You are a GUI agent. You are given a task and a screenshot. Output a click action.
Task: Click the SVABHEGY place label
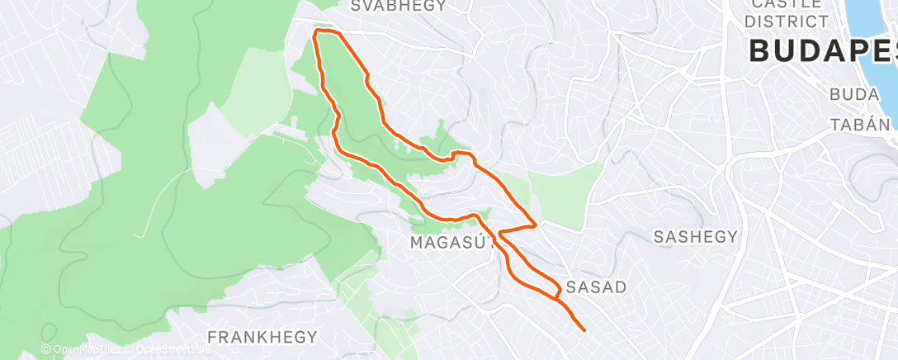tap(398, 6)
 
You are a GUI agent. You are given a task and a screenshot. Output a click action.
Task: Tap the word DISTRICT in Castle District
tap(786, 21)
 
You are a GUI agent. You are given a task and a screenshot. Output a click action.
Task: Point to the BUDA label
tap(854, 95)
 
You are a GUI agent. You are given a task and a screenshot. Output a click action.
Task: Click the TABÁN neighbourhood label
tap(860, 125)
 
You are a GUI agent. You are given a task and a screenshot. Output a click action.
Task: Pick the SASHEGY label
tap(695, 237)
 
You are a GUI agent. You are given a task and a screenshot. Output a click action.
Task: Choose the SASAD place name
tap(597, 287)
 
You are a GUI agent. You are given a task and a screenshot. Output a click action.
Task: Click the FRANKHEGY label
tap(262, 337)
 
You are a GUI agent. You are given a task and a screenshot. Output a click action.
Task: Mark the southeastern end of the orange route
tap(584, 330)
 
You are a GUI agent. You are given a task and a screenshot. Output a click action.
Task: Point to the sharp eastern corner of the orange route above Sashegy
tap(537, 223)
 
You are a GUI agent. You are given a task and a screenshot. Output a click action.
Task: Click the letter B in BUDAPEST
tap(761, 51)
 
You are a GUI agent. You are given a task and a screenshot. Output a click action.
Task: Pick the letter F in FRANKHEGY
tap(212, 337)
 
